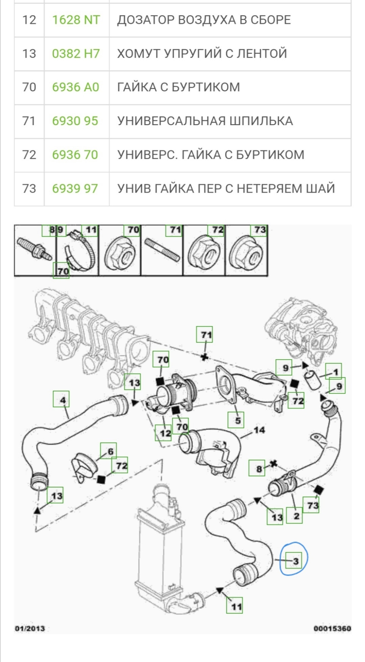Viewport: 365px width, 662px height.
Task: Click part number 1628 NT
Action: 76,20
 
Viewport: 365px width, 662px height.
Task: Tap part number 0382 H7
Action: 76,54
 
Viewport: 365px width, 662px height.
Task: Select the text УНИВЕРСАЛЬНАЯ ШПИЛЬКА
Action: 205,121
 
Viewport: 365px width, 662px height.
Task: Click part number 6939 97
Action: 75,189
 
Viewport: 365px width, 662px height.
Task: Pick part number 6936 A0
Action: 75,87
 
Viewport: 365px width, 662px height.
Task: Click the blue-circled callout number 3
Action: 295,561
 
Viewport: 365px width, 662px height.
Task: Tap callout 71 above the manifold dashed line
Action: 206,335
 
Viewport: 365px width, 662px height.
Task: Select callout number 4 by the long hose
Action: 62,400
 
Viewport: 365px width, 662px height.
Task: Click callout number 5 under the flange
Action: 237,421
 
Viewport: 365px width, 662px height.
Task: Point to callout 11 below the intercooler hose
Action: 236,606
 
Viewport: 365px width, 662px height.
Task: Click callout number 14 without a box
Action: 259,430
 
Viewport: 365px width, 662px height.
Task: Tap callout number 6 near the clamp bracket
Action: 110,451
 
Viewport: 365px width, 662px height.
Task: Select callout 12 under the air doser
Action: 165,433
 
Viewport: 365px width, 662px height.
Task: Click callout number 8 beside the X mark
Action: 259,468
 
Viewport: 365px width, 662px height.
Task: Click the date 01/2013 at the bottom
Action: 30,628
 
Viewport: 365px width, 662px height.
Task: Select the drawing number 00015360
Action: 332,628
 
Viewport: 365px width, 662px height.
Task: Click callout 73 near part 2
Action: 313,505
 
